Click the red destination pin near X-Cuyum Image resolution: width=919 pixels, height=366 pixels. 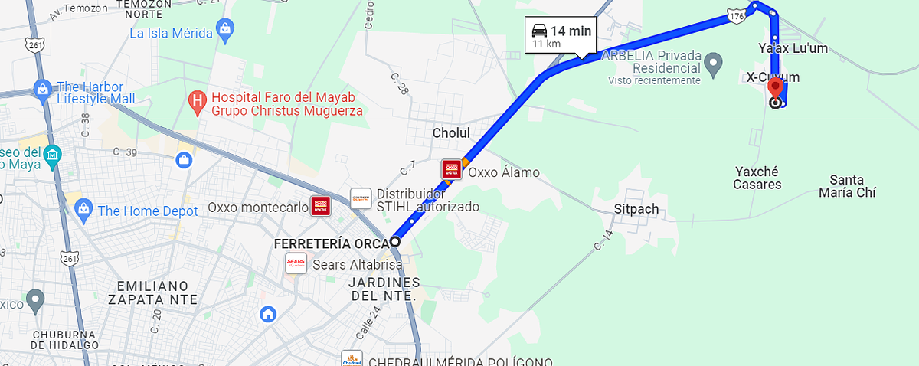click(775, 87)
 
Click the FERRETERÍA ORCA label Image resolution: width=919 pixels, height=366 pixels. click(330, 244)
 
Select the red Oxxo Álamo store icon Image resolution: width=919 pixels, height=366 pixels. click(451, 169)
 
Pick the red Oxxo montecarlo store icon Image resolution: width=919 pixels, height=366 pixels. click(320, 206)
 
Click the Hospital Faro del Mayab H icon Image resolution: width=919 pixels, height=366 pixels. click(198, 100)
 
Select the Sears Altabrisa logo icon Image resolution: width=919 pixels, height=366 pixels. click(296, 263)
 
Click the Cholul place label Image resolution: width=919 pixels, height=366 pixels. click(451, 133)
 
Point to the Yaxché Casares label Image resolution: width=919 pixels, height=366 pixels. click(757, 178)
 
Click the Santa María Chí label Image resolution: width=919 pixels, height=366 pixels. click(846, 187)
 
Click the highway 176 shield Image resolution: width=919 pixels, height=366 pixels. click(737, 16)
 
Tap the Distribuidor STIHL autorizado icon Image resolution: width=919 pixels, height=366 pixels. click(361, 199)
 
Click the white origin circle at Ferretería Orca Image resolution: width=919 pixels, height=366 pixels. click(394, 241)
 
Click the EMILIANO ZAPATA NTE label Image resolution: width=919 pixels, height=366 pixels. click(157, 292)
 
